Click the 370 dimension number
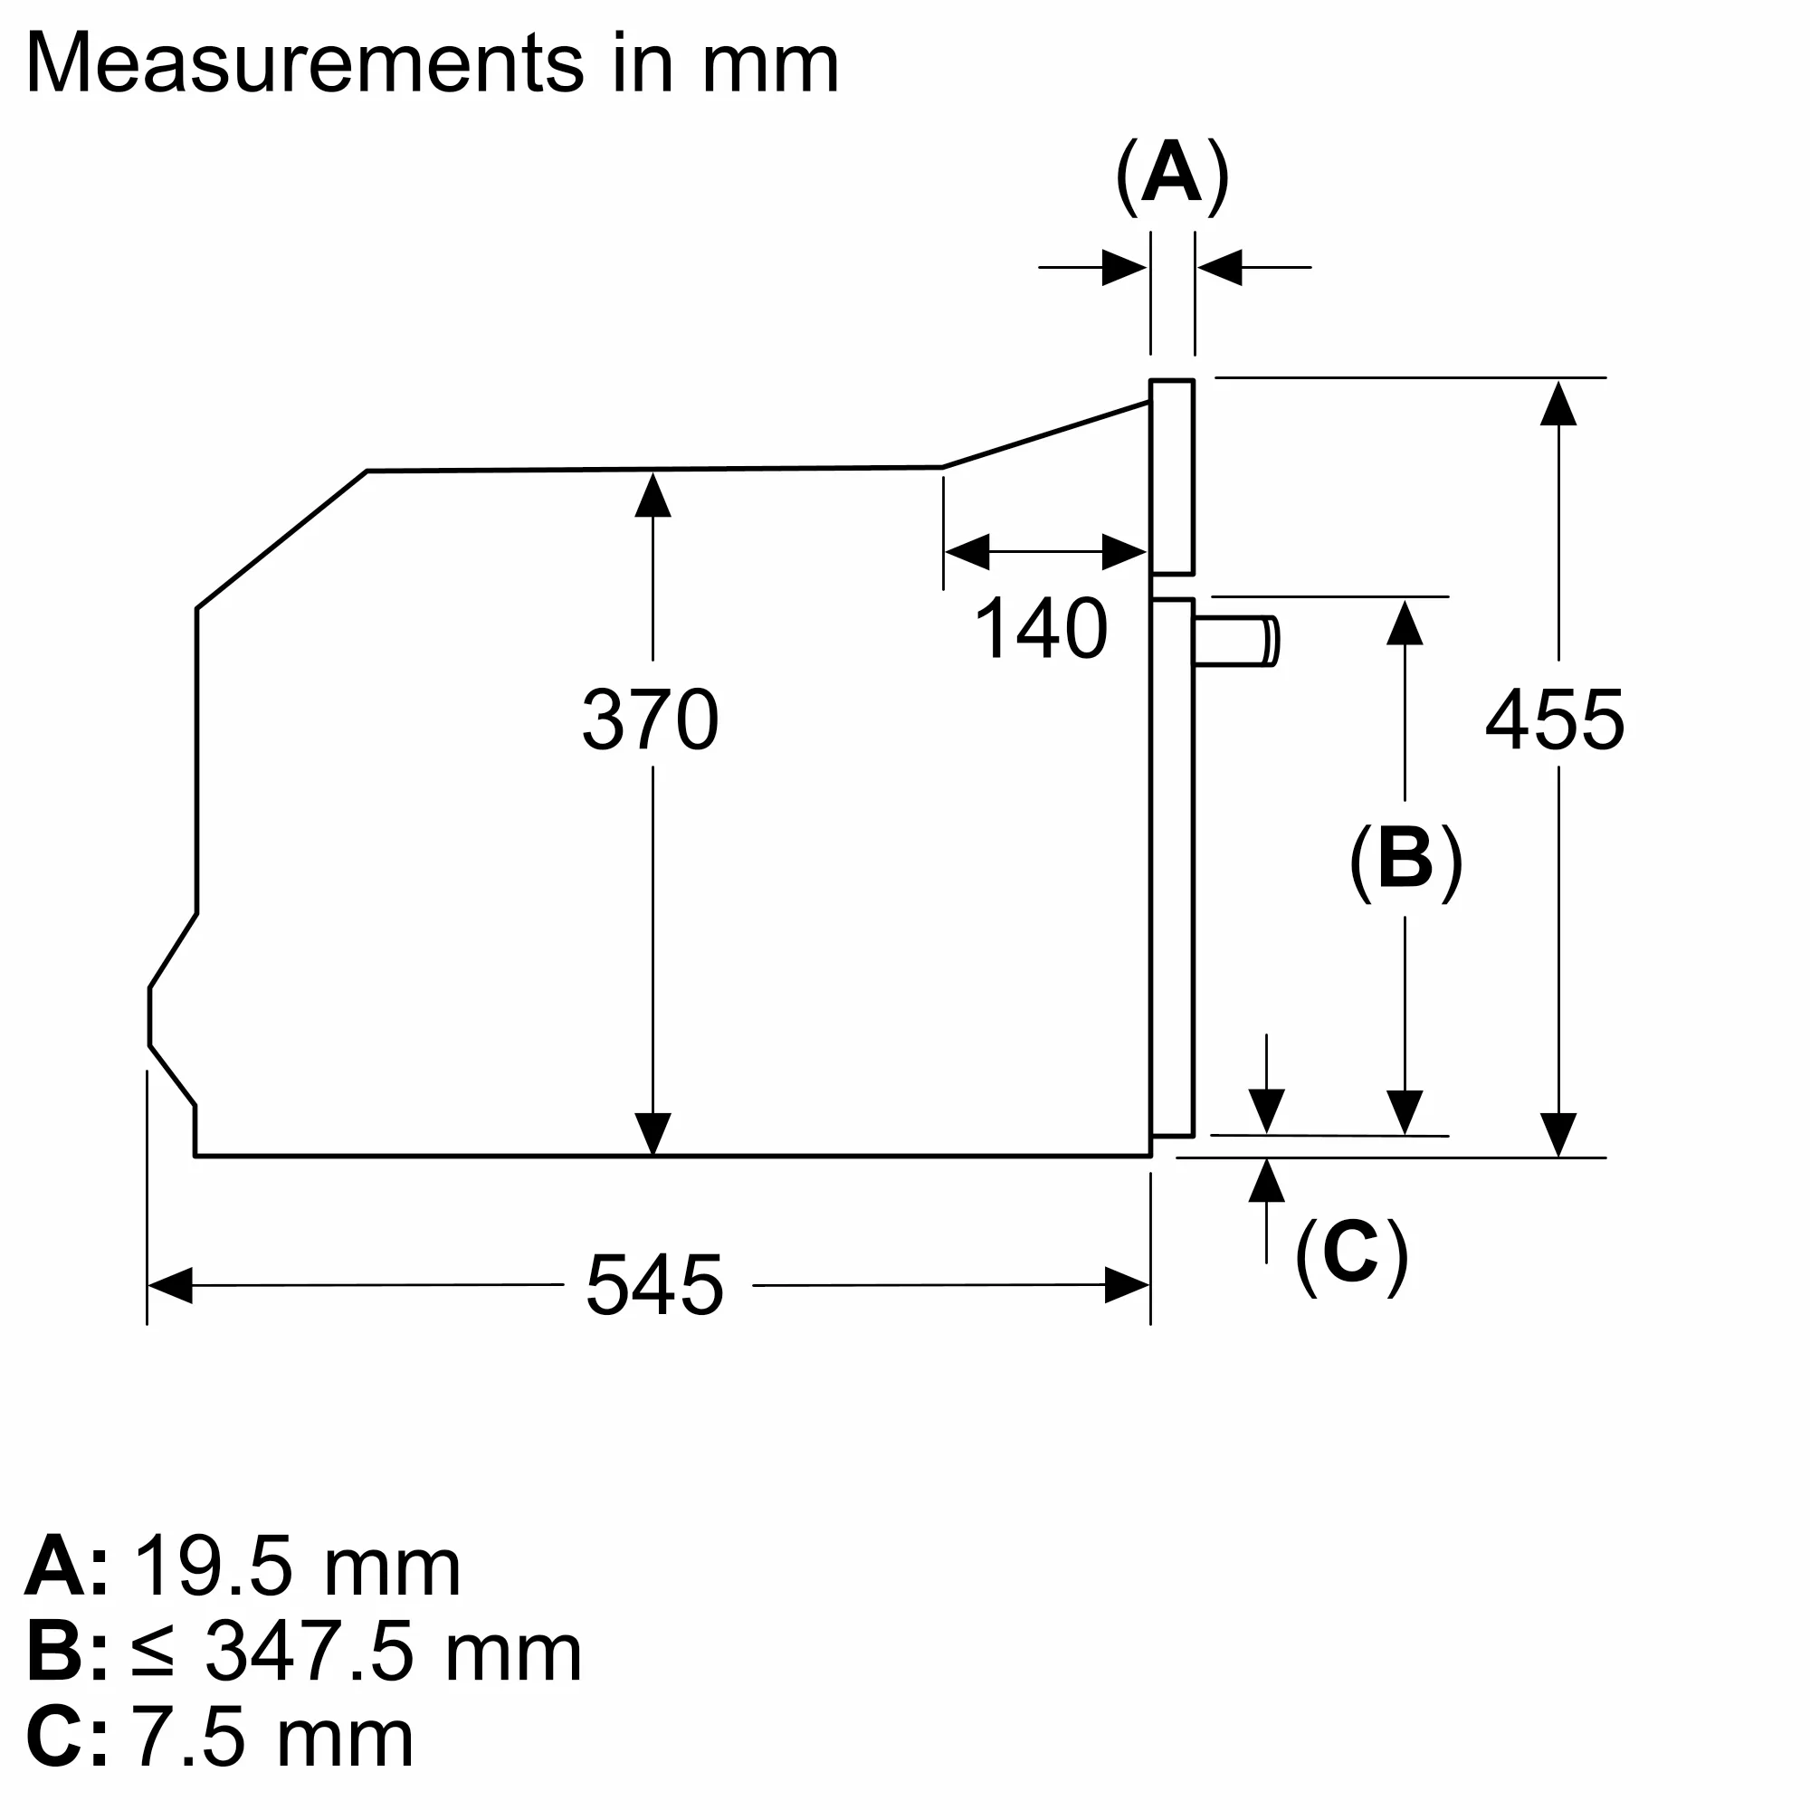click(x=650, y=719)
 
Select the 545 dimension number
click(x=655, y=1285)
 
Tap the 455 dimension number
click(x=1555, y=719)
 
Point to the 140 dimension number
click(x=1041, y=628)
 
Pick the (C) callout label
click(x=1352, y=1255)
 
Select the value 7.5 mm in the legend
click(x=271, y=1738)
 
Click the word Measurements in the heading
click(x=304, y=63)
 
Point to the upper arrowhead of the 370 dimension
click(x=653, y=495)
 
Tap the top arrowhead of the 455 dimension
click(x=1558, y=403)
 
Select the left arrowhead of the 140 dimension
click(x=967, y=552)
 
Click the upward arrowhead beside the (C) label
click(x=1267, y=1181)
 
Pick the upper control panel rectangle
click(x=1172, y=477)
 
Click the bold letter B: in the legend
click(x=65, y=1653)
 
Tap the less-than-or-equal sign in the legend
click(x=153, y=1653)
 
